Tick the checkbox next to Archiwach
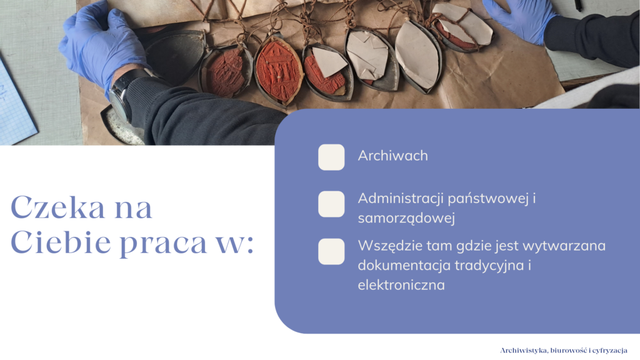(x=331, y=157)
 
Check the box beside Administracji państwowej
(x=331, y=204)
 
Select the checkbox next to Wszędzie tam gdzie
(x=331, y=251)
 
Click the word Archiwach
(x=392, y=156)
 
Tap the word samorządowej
(x=406, y=218)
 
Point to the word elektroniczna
(x=401, y=284)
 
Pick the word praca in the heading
(x=163, y=245)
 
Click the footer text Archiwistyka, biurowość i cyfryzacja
(x=564, y=351)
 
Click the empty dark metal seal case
(x=174, y=57)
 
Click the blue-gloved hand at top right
(x=516, y=18)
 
